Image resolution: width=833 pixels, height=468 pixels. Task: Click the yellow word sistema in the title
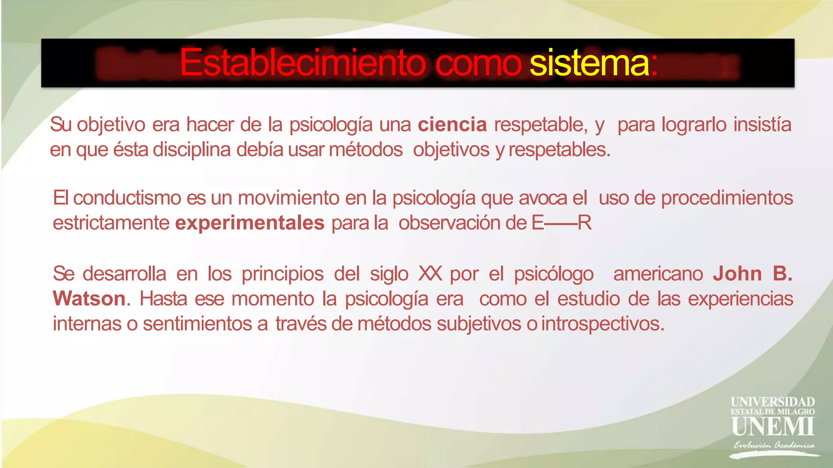(x=589, y=63)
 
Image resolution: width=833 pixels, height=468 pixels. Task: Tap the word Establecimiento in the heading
(x=303, y=63)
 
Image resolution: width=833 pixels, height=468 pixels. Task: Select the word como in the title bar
(x=478, y=63)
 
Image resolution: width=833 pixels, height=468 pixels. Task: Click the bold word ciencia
(x=452, y=124)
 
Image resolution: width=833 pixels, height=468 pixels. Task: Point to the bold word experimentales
(x=250, y=223)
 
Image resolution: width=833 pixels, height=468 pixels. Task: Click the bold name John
(x=737, y=274)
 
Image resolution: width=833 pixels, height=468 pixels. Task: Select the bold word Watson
(x=89, y=299)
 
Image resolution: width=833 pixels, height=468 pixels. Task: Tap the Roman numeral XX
(x=430, y=274)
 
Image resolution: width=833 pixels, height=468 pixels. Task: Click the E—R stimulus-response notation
(x=561, y=223)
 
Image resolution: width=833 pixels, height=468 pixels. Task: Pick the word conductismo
(x=127, y=198)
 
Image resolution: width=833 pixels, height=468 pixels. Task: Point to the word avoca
(x=543, y=198)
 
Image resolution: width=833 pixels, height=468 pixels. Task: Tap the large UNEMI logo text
(x=772, y=426)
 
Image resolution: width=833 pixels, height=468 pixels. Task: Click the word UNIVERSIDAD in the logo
(x=772, y=402)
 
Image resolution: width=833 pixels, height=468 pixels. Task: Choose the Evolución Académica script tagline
(x=774, y=445)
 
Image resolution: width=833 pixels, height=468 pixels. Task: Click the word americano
(x=658, y=274)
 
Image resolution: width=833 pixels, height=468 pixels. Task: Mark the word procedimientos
(x=727, y=198)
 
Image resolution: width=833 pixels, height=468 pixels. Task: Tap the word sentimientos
(x=197, y=324)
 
